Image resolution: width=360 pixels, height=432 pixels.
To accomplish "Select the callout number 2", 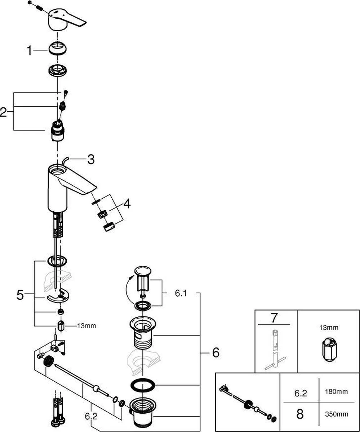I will coord(4,112).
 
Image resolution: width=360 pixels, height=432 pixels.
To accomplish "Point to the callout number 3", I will coord(91,159).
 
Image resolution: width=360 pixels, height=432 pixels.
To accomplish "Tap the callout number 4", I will coord(126,204).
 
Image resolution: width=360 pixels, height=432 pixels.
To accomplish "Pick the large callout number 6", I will coord(215,352).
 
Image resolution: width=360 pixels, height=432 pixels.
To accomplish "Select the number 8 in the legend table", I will coord(299,413).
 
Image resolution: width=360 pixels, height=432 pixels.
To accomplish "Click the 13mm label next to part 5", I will coord(86,326).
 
